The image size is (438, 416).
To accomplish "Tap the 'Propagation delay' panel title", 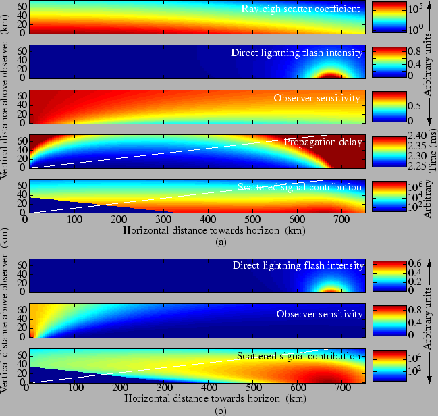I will [x=323, y=142].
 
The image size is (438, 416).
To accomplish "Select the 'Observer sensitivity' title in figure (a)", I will [x=316, y=98].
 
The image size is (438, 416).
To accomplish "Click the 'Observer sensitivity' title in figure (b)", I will [x=319, y=314].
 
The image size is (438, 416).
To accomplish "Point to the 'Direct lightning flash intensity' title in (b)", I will [x=298, y=265].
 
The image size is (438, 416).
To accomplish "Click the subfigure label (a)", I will [x=219, y=240].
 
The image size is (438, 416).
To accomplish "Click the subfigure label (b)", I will [x=219, y=410].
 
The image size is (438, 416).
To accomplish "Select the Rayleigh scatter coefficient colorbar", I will [x=387, y=18].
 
